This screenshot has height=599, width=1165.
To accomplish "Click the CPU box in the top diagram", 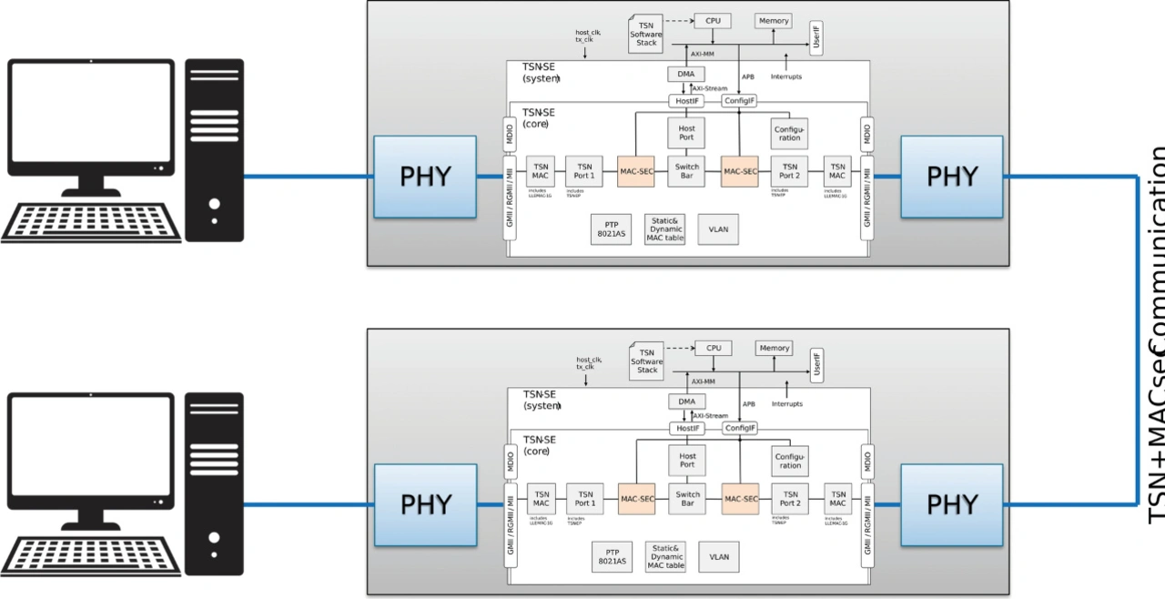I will (x=712, y=20).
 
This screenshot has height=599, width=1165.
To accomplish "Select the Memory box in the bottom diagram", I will (x=774, y=348).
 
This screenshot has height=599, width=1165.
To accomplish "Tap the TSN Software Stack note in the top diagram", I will (x=645, y=33).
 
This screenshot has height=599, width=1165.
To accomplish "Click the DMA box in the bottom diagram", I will (x=686, y=401).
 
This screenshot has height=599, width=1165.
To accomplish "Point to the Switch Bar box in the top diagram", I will (x=686, y=171).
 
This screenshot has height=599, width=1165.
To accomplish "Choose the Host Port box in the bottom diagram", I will (x=687, y=460).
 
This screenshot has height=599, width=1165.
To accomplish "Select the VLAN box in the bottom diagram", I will (x=719, y=557).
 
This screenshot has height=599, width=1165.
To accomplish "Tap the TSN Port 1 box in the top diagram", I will (x=583, y=171).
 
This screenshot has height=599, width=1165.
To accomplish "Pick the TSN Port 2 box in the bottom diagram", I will (x=790, y=498).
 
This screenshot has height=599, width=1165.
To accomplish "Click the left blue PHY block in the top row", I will (x=425, y=177).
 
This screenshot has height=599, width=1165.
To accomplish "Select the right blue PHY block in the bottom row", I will (x=951, y=504).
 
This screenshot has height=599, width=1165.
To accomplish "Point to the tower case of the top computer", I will (x=215, y=149).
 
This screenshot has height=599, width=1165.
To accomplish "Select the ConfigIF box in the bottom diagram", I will (x=740, y=428).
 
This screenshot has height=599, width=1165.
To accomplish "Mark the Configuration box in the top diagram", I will (x=789, y=133).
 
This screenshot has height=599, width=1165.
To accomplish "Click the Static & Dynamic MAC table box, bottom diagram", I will (x=666, y=557).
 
